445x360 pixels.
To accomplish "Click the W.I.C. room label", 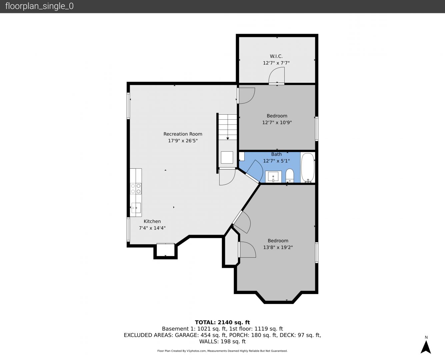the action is point(276,56).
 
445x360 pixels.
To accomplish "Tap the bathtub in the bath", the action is point(308,168).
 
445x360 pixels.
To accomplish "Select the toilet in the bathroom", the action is point(290,176).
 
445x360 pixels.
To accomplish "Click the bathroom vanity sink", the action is point(273,177).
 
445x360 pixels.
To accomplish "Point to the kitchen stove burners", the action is point(136,188).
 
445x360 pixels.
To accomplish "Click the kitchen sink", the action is point(136,208).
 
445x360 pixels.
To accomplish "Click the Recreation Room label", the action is point(183,134).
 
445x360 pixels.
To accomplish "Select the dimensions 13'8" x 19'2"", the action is point(278,247).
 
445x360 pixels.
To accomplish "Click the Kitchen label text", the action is point(152,221).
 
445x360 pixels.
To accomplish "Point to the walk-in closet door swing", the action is point(277,75).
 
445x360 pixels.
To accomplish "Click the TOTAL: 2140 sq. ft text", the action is point(222,322).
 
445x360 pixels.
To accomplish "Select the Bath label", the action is point(276,154).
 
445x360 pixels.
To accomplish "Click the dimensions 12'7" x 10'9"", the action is point(277,122).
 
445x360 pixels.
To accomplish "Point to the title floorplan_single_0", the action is point(39,6).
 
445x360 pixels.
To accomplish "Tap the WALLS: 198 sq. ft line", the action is point(222,342).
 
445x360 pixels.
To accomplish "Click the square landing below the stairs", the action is point(227,157).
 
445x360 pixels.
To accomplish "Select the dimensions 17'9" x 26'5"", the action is point(183,141).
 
